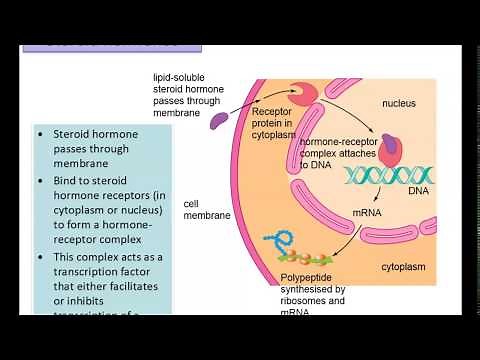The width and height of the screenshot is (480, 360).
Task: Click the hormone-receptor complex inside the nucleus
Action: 388,147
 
